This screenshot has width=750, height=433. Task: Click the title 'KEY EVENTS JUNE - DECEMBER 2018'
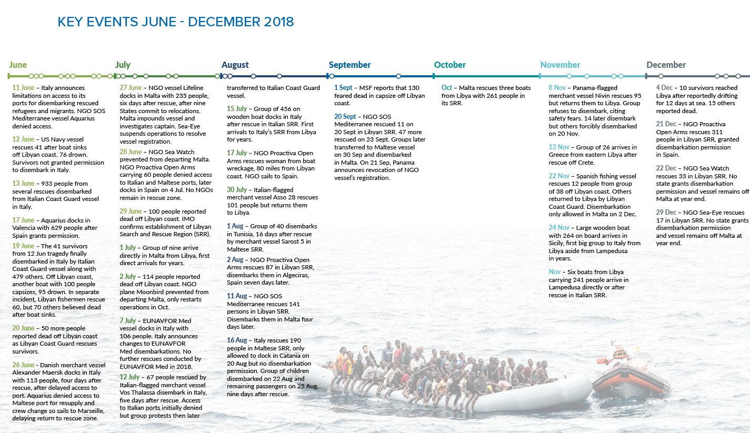tap(175, 22)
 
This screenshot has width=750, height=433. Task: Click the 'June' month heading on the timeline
tap(18, 65)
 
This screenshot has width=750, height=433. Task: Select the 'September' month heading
tap(349, 65)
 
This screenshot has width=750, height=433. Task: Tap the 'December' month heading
tap(666, 65)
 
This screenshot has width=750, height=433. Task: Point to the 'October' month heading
tap(449, 65)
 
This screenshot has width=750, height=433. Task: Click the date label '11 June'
tap(23, 88)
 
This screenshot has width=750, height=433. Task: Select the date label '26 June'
tap(23, 365)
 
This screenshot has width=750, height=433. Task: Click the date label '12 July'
tap(129, 377)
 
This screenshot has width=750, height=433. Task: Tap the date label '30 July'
tap(238, 190)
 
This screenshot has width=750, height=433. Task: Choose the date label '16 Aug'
tap(237, 340)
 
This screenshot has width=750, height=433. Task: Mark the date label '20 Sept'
tap(345, 117)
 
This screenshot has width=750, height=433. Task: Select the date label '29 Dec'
tap(666, 213)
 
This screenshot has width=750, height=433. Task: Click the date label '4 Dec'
tap(664, 88)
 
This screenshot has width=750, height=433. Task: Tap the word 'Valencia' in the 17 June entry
tap(26, 228)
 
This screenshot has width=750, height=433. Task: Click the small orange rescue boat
tap(624, 380)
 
